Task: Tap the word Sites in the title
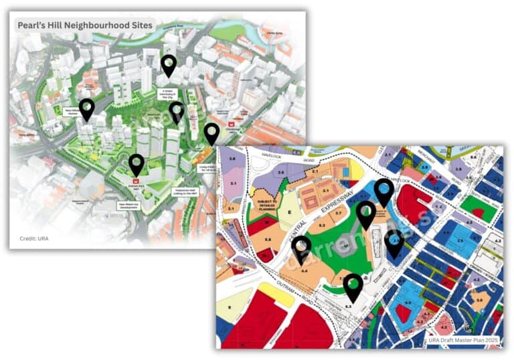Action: pyautogui.click(x=139, y=25)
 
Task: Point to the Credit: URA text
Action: pyautogui.click(x=33, y=238)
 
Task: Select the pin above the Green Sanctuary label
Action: pyautogui.click(x=169, y=66)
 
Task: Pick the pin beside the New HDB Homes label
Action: pyautogui.click(x=86, y=108)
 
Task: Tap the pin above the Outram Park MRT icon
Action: pyautogui.click(x=136, y=164)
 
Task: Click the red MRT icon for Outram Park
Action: pyautogui.click(x=136, y=181)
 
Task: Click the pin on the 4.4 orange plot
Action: pyautogui.click(x=301, y=248)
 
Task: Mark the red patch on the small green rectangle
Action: pyautogui.click(x=477, y=213)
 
